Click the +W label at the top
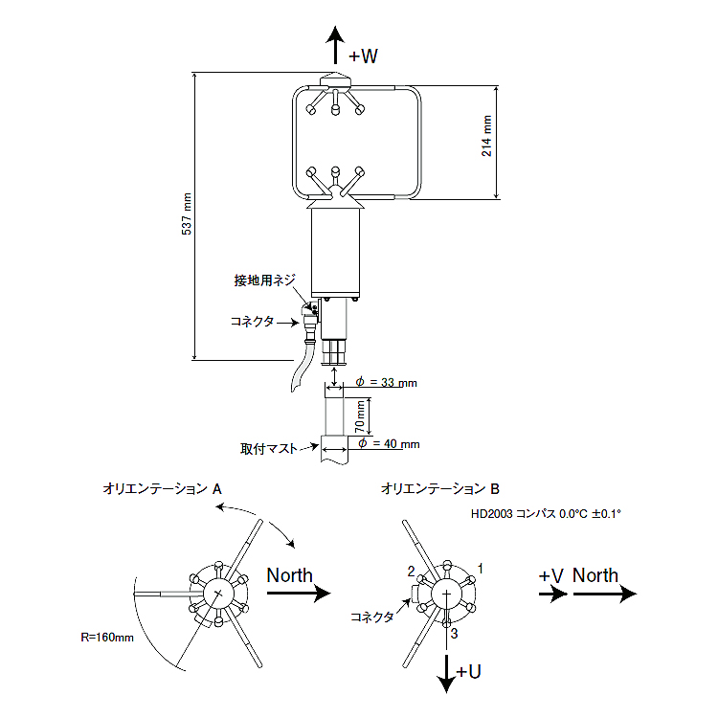point(363,56)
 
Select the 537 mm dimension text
point(188,215)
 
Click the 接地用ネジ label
point(265,280)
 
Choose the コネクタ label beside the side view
point(253,322)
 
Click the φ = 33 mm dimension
point(386,383)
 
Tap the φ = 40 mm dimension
point(387,444)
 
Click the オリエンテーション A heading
point(163,488)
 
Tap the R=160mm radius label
point(106,636)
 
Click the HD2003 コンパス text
point(546,514)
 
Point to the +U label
point(468,672)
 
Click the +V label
point(550,575)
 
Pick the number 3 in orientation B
point(455,634)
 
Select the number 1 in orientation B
point(480,568)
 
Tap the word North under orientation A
point(289,575)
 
